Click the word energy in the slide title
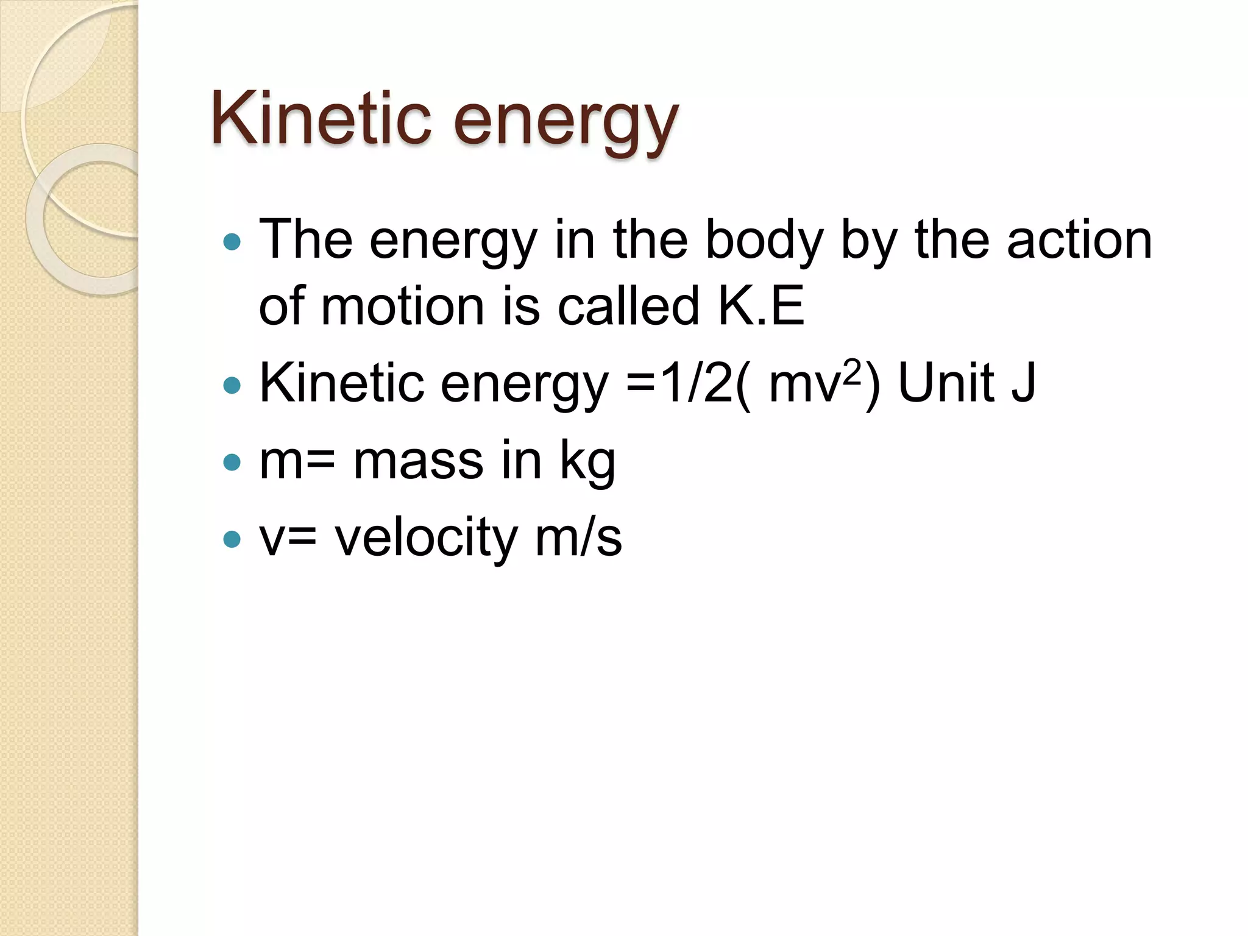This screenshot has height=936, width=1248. coord(565,122)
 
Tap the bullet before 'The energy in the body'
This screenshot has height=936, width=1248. coord(232,243)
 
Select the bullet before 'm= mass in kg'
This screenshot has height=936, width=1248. coord(232,463)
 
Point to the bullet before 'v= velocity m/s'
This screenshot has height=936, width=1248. coord(232,539)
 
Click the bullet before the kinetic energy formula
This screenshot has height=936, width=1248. coord(232,385)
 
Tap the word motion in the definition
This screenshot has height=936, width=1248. coord(402,306)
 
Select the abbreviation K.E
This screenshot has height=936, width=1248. coord(761,306)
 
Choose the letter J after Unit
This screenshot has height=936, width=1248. coord(1023,384)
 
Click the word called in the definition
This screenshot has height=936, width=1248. coord(628,306)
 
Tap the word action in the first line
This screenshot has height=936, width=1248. coord(1079,241)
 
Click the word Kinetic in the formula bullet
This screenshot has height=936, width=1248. coord(341,384)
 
